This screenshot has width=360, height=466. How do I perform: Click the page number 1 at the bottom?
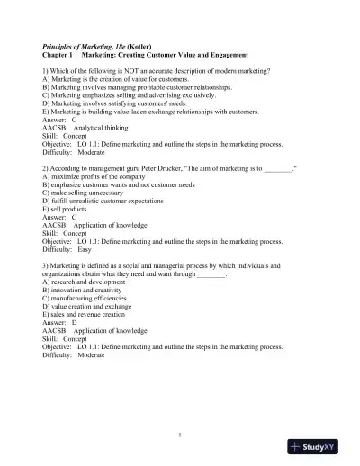(180, 435)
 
